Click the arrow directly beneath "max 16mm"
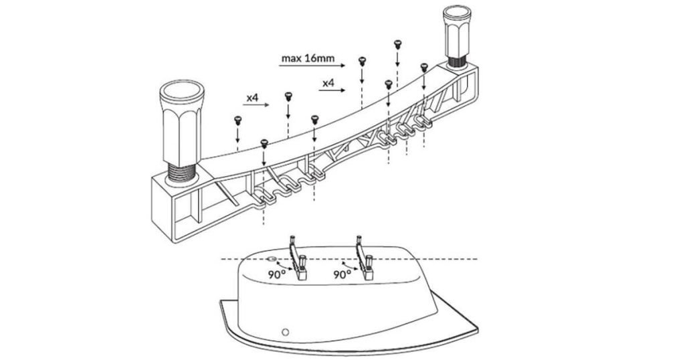[x=312, y=66]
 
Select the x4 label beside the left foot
[x=252, y=98]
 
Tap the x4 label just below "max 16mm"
[x=328, y=83]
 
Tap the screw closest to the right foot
[x=423, y=67]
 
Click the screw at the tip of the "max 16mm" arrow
[x=362, y=61]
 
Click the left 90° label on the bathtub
[x=277, y=274]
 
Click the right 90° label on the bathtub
[x=342, y=274]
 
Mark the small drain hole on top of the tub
[x=272, y=259]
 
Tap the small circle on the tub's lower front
[x=285, y=332]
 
